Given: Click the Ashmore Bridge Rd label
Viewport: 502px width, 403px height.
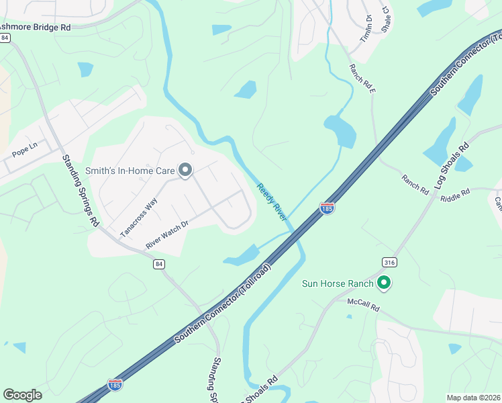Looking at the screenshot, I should [x=34, y=28].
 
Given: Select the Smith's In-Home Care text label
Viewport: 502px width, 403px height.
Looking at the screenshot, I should [x=130, y=171].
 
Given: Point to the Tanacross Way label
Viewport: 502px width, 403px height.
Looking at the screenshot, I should [x=138, y=217].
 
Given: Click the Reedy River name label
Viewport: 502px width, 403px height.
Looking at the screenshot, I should [x=271, y=201].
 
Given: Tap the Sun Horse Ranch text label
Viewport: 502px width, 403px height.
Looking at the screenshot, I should [x=336, y=283].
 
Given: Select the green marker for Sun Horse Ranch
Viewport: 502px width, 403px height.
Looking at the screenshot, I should [x=384, y=283].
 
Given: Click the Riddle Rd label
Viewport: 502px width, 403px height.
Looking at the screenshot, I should [x=455, y=195].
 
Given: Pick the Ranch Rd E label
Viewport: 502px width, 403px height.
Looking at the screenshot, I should [x=361, y=79].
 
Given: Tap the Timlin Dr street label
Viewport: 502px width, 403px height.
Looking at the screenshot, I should [x=366, y=28].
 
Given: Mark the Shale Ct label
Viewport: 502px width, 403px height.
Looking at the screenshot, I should [x=386, y=19].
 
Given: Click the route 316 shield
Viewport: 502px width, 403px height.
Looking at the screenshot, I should [x=388, y=261].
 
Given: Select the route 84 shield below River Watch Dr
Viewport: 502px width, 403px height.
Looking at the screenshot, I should [x=158, y=265].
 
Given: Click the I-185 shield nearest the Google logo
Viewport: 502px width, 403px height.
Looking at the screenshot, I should [x=115, y=385].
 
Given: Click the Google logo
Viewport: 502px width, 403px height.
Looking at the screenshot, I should [x=22, y=395].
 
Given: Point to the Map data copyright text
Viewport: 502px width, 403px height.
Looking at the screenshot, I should [x=473, y=398].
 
